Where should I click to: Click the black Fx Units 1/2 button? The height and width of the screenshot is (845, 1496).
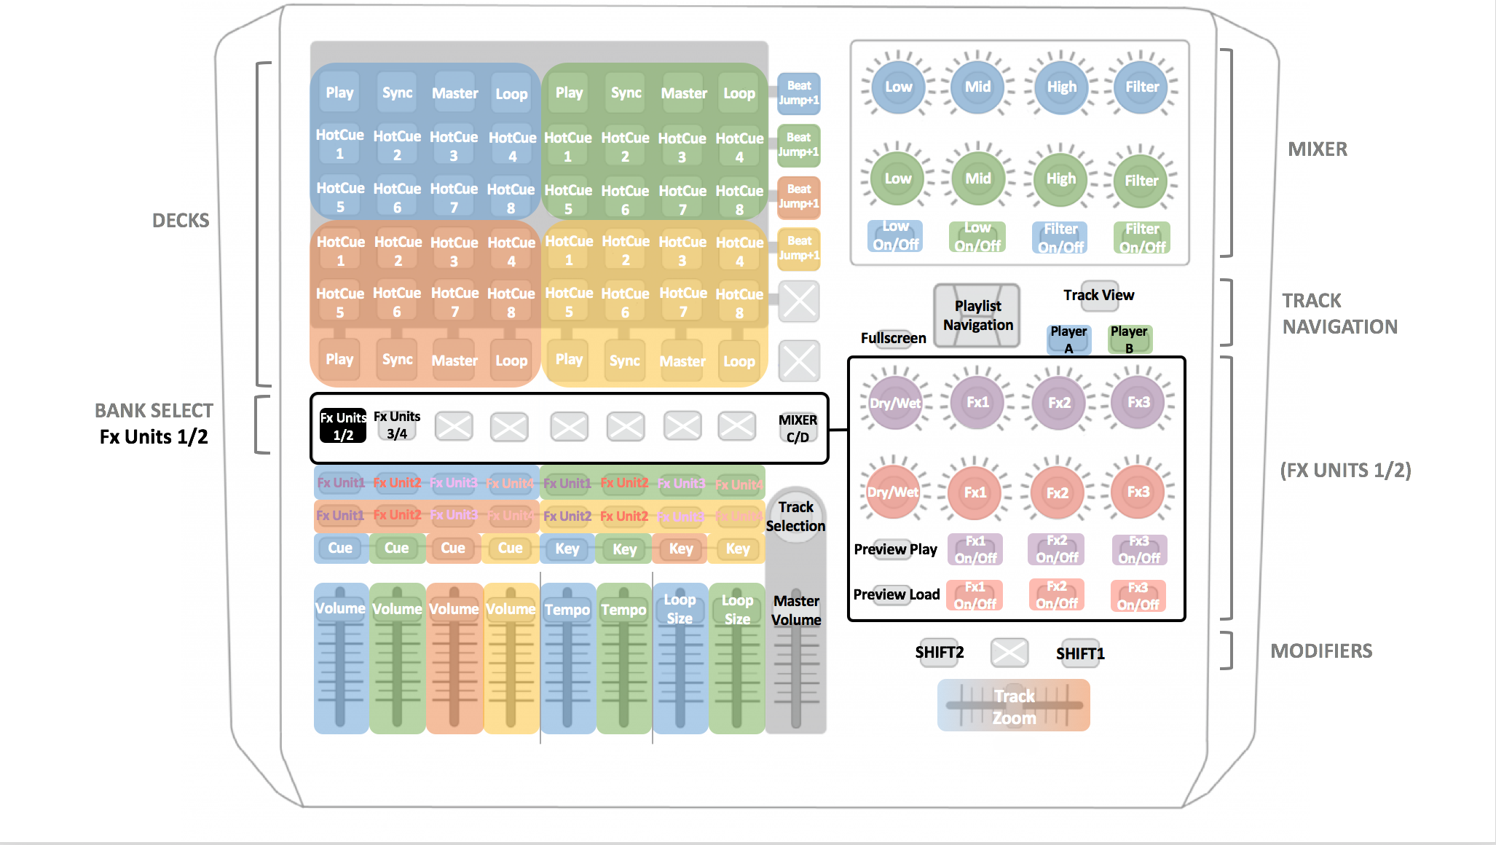pos(342,426)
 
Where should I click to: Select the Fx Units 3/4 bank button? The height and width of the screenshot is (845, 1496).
pos(397,425)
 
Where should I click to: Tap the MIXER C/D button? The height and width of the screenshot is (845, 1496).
pos(798,428)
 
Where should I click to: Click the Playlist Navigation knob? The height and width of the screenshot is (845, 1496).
pos(977,315)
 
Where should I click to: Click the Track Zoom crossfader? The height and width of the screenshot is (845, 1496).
pos(1014,706)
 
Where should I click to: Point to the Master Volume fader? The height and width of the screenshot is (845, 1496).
pos(796,656)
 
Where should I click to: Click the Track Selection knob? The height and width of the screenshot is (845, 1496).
pos(795,516)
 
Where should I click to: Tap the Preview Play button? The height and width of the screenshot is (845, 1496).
pos(895,549)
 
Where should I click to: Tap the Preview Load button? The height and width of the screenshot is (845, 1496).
pos(896,594)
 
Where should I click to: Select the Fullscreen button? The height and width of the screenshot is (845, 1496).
pos(894,338)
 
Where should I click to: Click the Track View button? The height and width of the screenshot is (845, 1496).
pos(1098,295)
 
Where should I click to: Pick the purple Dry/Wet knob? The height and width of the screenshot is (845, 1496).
pos(895,403)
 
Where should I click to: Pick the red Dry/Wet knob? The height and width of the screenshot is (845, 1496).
pos(893,492)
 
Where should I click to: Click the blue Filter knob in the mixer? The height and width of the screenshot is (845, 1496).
pos(1141,87)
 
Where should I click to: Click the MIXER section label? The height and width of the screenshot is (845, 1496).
pos(1317,149)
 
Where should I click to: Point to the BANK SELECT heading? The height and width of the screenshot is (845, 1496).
pos(154,411)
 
